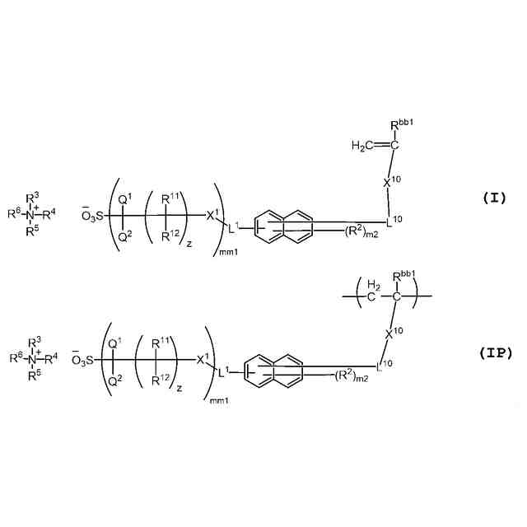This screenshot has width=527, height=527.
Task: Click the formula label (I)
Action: [496, 198]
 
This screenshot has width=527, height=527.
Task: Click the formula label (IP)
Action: [496, 353]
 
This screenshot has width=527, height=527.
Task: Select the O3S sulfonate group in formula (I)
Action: [95, 216]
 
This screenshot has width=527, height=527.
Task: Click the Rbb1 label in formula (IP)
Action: [406, 277]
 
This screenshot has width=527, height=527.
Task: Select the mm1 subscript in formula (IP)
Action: [218, 400]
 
